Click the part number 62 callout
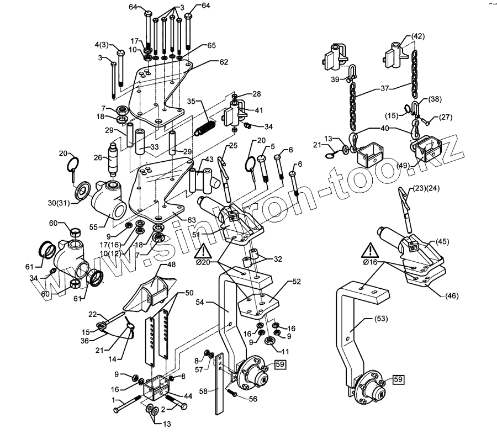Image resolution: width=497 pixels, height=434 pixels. [224, 62]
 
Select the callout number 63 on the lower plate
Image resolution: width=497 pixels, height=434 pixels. [191, 220]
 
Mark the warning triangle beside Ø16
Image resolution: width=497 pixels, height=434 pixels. [369, 252]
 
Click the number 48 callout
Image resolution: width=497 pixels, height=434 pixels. [172, 264]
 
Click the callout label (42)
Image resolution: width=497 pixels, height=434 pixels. [417, 36]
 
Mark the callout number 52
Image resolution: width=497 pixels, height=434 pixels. [297, 282]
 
